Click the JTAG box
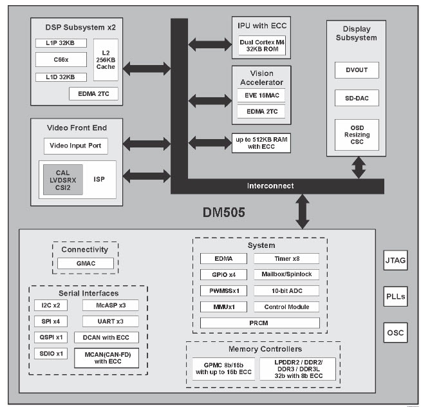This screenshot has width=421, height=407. click(395, 262)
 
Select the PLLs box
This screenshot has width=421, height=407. click(395, 298)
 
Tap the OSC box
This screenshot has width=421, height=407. click(395, 334)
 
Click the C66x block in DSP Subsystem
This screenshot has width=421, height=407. click(61, 60)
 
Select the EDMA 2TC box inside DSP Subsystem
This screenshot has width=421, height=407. click(94, 94)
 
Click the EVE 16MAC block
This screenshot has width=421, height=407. click(261, 95)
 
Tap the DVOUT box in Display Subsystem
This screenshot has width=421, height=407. click(357, 70)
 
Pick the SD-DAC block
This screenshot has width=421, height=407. click(357, 99)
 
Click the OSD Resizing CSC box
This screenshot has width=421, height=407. click(357, 135)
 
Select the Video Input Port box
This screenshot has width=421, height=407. click(76, 146)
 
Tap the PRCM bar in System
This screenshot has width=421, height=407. click(259, 323)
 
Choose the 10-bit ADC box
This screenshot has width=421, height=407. click(286, 290)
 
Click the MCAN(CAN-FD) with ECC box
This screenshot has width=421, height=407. click(106, 357)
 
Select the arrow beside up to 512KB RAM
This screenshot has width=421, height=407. click(209, 143)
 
